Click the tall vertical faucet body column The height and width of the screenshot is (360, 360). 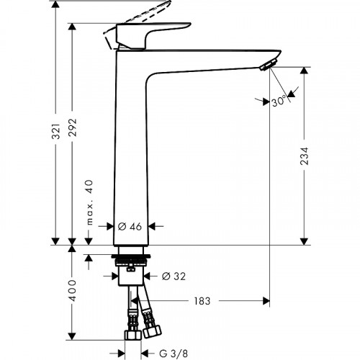131,144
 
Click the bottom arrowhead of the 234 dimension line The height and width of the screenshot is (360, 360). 305,240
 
